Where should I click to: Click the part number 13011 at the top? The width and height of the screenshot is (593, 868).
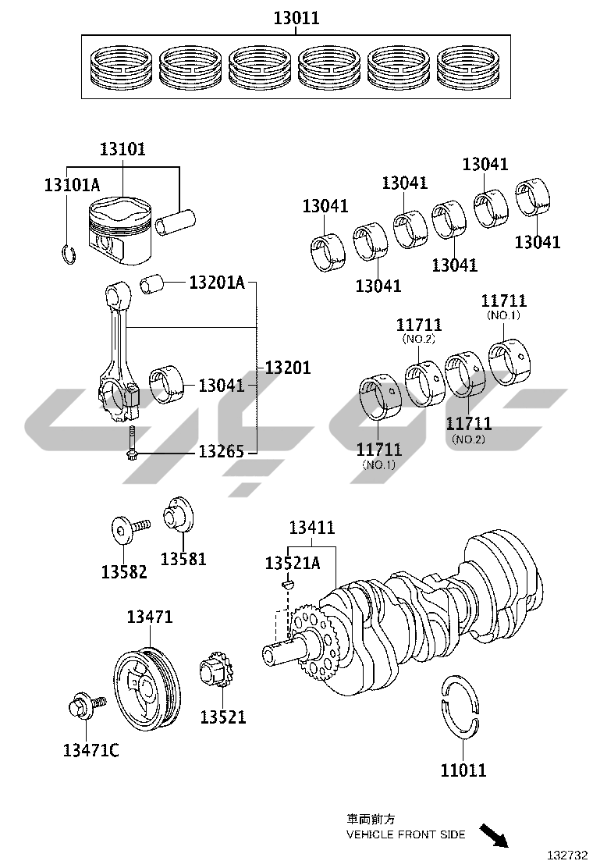(296, 18)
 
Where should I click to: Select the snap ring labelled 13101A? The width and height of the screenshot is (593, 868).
(67, 254)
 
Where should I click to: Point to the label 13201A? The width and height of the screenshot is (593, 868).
(216, 282)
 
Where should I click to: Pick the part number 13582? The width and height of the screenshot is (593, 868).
(124, 571)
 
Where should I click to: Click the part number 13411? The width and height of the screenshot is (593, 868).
(311, 528)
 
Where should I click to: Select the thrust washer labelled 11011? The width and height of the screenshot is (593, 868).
(460, 706)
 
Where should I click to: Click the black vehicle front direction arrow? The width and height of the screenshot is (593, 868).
(493, 837)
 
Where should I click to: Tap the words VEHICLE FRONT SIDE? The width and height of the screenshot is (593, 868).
(406, 834)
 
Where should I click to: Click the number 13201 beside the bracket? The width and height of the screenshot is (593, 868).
(287, 367)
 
